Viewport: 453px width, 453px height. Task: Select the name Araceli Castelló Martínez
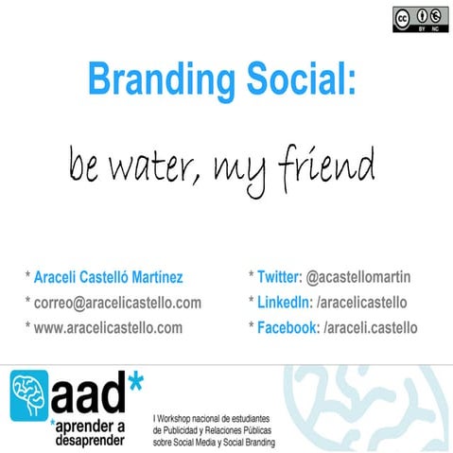pos(109,278)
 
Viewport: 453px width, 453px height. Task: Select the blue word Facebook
pos(288,327)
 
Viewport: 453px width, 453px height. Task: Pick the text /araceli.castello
pos(370,327)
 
